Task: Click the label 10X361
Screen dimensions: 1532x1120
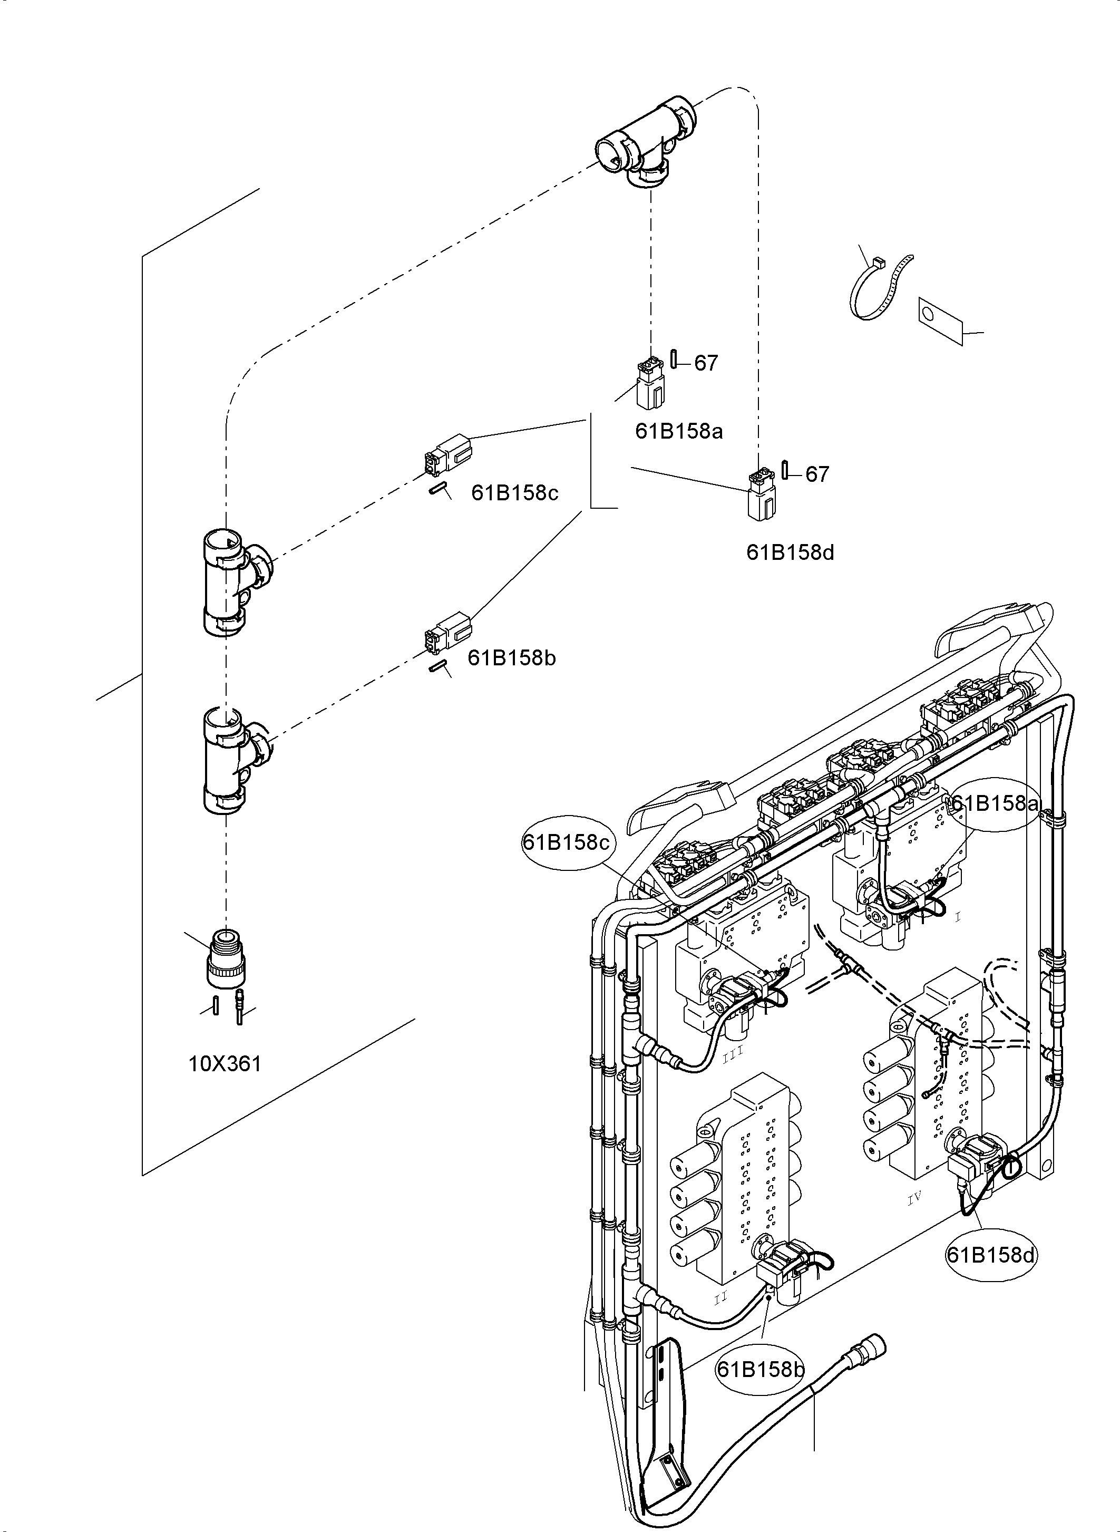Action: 225,1063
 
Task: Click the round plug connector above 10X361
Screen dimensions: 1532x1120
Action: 225,957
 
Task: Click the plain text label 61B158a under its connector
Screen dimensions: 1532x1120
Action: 679,431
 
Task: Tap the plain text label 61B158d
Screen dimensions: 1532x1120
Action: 790,552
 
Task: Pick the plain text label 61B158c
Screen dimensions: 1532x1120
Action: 514,492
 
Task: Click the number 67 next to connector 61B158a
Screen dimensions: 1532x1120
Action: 706,364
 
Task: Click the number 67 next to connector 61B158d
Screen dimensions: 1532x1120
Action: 817,474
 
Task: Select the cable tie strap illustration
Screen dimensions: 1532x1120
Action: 878,288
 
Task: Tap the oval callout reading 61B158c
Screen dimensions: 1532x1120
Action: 566,842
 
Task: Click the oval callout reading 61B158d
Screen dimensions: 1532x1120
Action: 990,1255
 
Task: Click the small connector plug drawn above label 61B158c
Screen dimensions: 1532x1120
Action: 447,454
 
